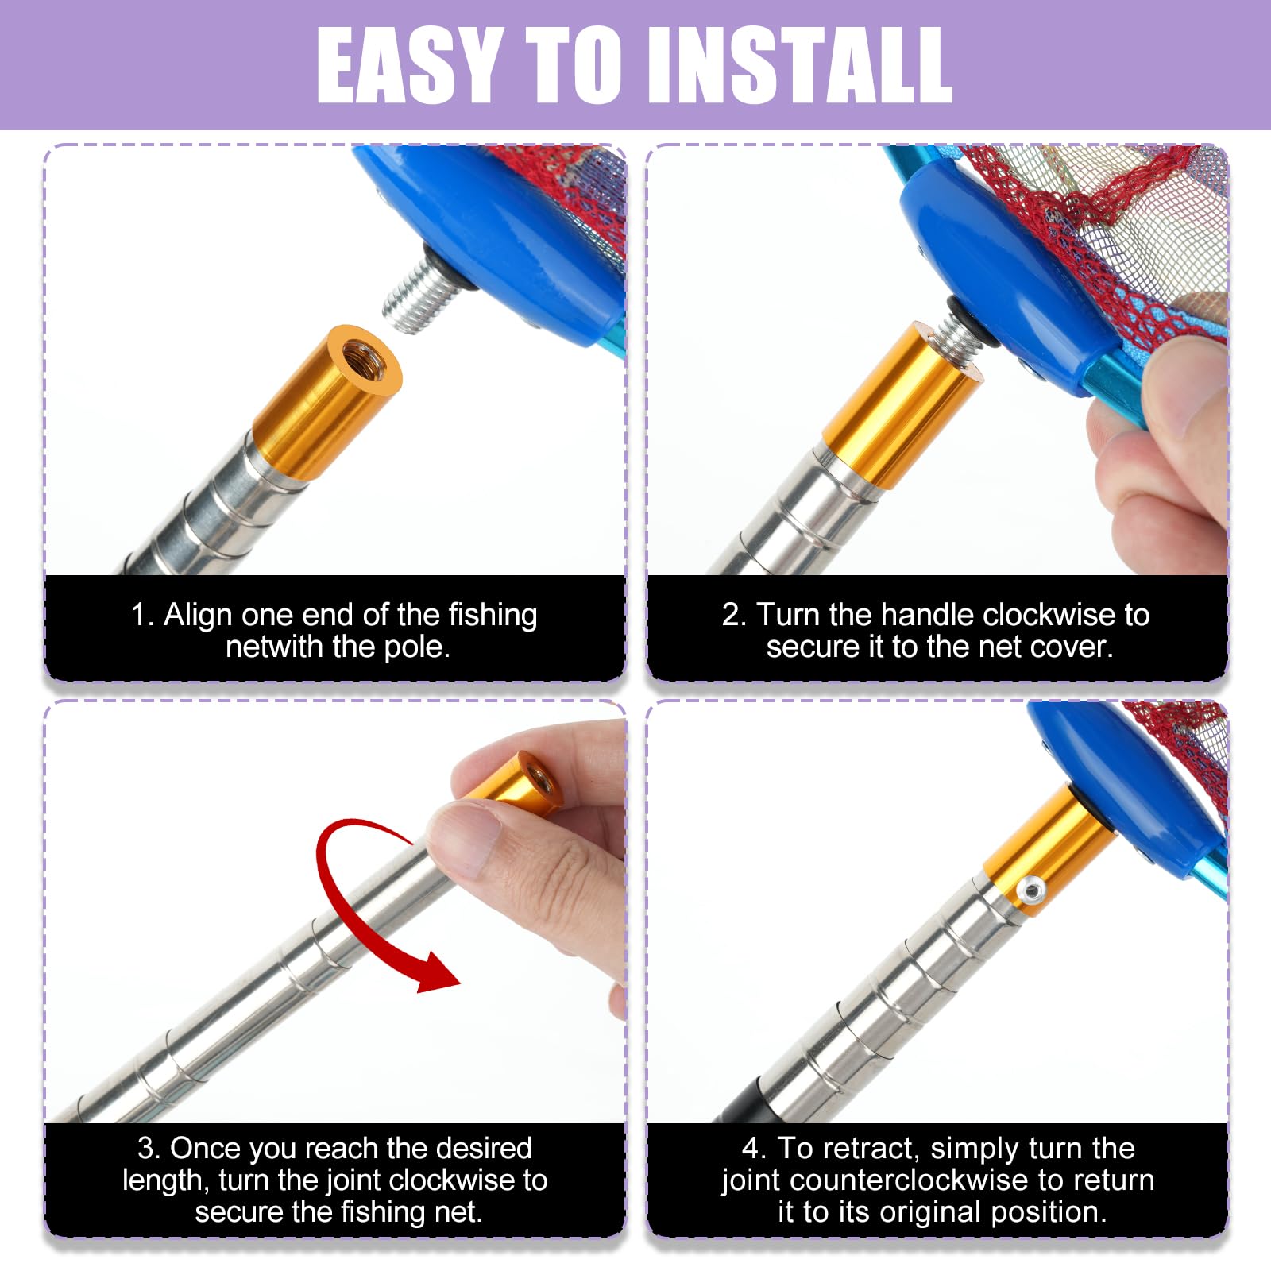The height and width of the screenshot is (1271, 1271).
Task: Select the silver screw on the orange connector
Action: point(1030,890)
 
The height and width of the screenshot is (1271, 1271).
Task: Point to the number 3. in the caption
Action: point(149,1149)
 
